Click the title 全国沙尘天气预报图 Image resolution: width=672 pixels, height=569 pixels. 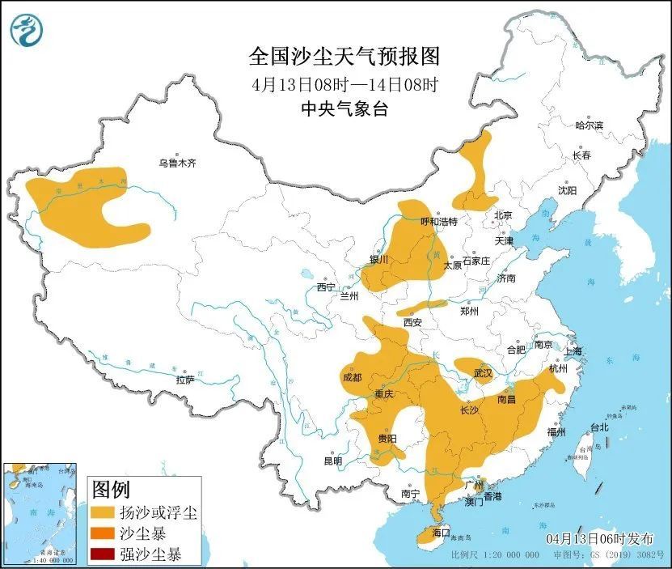click(x=344, y=56)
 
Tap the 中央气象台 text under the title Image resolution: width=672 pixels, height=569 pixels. click(x=344, y=108)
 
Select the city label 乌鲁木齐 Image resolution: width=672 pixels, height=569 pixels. click(x=177, y=163)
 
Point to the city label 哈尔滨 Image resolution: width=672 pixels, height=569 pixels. click(x=589, y=125)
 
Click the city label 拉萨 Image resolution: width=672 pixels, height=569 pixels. click(x=184, y=380)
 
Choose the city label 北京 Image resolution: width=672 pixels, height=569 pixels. click(x=503, y=215)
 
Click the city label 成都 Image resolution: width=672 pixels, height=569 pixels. click(x=352, y=376)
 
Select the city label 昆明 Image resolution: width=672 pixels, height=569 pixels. click(x=332, y=461)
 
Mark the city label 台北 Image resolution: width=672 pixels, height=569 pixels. click(x=598, y=427)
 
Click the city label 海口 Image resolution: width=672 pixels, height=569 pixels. click(x=440, y=534)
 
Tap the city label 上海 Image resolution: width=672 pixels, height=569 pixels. click(x=573, y=351)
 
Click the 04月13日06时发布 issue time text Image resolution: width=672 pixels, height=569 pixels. click(x=598, y=538)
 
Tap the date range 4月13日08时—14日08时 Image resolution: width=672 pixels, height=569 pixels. click(x=344, y=83)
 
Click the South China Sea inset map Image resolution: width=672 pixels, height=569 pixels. click(x=40, y=513)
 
